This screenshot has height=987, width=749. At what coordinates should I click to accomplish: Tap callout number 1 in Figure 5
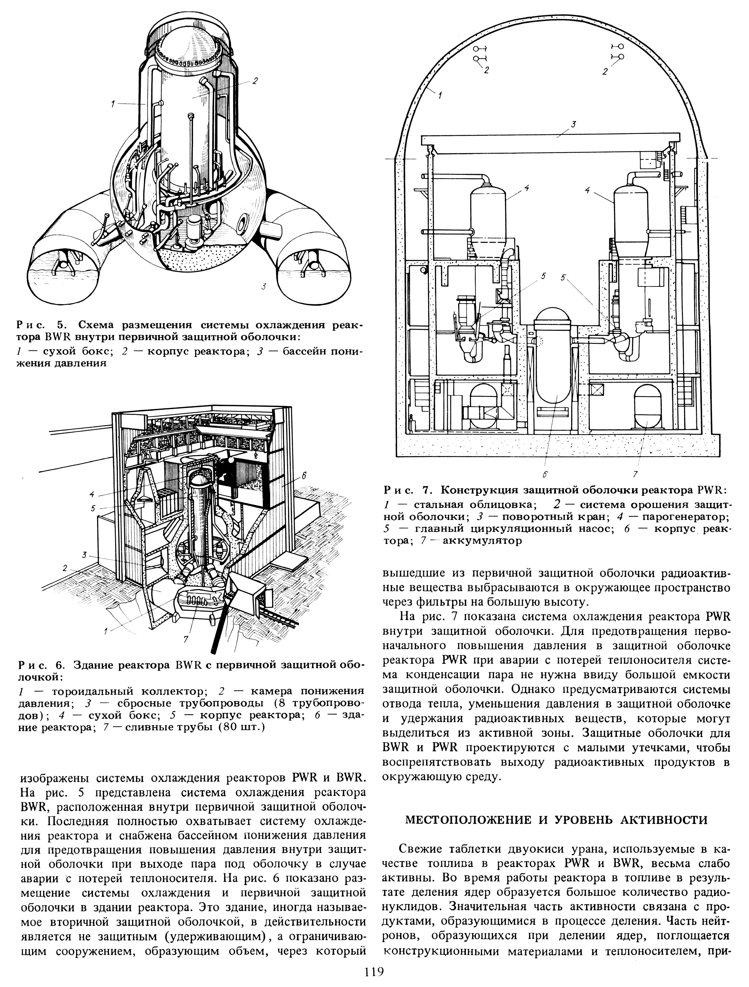(x=114, y=104)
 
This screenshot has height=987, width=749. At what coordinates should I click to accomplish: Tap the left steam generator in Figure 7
(x=488, y=214)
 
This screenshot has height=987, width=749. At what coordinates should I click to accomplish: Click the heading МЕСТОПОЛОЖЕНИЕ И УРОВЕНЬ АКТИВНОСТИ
(x=556, y=820)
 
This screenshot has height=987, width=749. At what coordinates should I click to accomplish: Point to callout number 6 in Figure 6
(x=304, y=477)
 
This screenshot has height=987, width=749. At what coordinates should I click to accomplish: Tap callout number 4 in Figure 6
(x=91, y=494)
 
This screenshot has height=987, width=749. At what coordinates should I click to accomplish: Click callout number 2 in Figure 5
(x=255, y=81)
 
